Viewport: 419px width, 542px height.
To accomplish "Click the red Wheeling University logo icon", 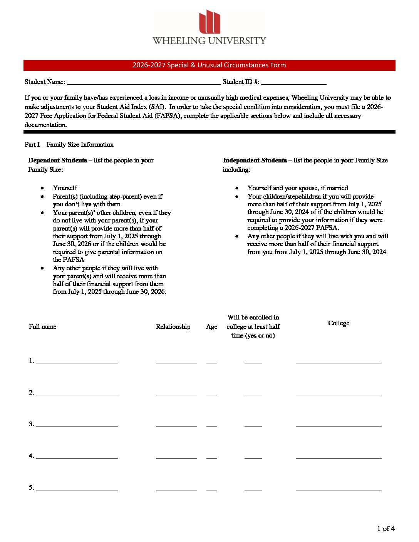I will tap(209, 22).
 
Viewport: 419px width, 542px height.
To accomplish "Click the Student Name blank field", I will tap(143, 82).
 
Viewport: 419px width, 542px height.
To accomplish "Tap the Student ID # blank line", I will tap(293, 82).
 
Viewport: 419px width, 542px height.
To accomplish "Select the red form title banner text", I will tap(209, 65).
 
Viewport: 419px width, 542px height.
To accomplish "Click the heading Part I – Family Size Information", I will tap(69, 145).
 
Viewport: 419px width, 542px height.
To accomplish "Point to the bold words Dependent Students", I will tap(57, 161).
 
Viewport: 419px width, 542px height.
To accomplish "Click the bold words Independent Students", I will tap(255, 161).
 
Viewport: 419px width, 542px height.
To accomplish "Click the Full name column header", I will tap(42, 327).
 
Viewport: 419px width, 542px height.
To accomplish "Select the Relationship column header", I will tap(173, 327).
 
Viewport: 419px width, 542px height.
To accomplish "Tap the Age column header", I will tap(211, 327).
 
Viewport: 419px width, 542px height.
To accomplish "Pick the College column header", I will tap(339, 323).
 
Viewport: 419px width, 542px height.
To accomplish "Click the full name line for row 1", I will tap(77, 361).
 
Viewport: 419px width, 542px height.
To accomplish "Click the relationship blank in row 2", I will tap(176, 393).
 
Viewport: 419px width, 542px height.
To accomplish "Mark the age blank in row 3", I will tap(211, 424).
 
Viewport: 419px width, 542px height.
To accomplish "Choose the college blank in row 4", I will tap(339, 456).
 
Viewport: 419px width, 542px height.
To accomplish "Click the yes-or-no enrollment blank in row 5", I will tap(253, 488).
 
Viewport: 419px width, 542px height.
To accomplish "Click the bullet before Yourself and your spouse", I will tap(236, 188).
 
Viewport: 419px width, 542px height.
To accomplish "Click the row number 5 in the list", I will tap(31, 488).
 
